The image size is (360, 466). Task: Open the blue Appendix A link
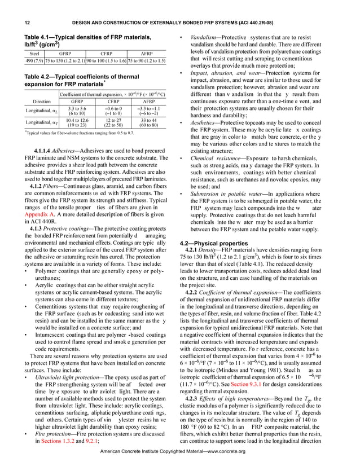pos(39,231)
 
